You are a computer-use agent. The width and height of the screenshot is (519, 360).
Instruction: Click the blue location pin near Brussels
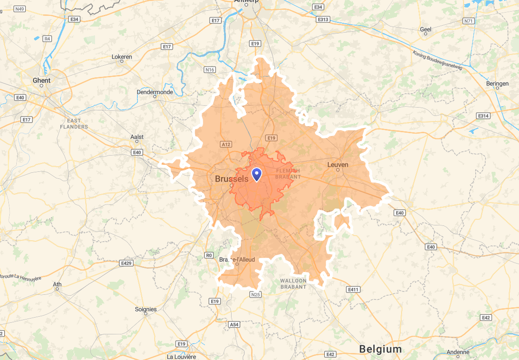257,174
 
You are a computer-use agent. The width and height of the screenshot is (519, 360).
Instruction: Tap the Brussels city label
232,179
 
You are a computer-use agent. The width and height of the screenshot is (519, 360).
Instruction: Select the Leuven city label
338,164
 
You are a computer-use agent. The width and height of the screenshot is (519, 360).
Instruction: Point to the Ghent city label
41,81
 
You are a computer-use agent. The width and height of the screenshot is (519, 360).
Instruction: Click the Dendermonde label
155,92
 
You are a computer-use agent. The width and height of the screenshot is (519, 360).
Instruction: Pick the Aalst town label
137,137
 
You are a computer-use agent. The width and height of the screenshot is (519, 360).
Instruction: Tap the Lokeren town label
122,57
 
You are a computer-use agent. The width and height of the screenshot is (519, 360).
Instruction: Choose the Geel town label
425,29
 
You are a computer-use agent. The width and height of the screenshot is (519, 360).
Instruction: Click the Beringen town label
497,84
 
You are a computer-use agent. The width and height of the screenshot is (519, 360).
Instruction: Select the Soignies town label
146,309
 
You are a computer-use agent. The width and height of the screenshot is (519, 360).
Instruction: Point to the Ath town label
57,284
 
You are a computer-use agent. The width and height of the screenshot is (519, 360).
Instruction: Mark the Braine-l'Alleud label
237,259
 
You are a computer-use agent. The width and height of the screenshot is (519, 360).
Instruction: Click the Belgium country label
380,349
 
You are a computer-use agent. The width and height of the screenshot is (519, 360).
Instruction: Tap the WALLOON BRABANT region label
293,284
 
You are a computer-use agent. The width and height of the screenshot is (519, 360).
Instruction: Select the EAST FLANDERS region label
74,124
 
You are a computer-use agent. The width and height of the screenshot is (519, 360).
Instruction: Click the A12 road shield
226,144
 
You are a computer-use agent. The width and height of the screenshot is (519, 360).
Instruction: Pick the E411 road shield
354,290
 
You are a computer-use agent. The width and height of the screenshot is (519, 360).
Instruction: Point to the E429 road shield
126,264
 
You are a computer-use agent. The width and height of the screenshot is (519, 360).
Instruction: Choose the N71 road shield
468,21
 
